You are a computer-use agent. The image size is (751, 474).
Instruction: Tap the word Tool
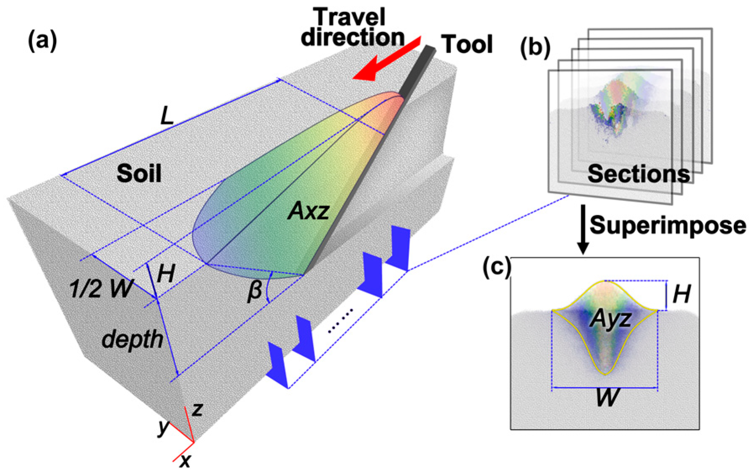(x=467, y=44)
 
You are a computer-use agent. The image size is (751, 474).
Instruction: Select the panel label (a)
(x=42, y=42)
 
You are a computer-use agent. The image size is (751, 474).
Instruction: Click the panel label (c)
(x=497, y=267)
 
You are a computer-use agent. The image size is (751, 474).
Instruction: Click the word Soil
(x=139, y=173)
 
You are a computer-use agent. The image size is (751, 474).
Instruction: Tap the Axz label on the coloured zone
(x=308, y=211)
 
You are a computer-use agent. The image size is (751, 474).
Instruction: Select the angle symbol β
(x=254, y=289)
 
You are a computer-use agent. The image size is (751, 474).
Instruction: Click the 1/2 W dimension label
(x=101, y=288)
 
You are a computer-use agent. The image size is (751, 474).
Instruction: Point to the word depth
(x=132, y=339)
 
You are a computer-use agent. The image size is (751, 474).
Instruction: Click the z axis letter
(x=197, y=409)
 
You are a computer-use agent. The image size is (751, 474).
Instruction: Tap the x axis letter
(x=185, y=461)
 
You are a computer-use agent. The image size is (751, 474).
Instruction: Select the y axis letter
(x=163, y=428)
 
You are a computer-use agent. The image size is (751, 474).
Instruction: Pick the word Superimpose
(x=668, y=225)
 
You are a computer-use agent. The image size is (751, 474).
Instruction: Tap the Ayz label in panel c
(x=610, y=320)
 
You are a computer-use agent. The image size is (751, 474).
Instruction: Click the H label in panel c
(x=681, y=294)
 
